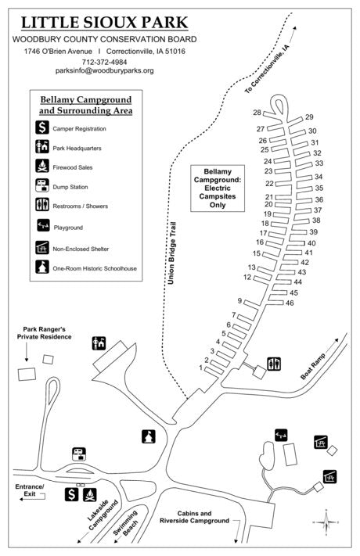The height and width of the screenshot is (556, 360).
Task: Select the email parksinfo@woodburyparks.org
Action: [x=104, y=70]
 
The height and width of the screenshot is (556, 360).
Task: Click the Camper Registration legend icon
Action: [x=42, y=127]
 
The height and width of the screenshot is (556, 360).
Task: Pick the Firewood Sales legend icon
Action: [x=42, y=167]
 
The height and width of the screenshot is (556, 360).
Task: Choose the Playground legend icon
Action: [x=42, y=227]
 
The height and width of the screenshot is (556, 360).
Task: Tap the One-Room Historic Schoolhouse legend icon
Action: [x=42, y=267]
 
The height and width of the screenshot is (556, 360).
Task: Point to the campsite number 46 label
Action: [x=289, y=303]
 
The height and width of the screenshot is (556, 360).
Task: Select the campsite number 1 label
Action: [x=201, y=368]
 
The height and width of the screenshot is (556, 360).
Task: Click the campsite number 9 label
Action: [x=239, y=301]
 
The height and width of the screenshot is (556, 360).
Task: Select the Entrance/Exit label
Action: [x=30, y=491]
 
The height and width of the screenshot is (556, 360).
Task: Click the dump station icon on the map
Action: [x=78, y=452]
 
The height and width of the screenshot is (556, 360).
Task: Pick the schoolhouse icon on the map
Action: [x=146, y=435]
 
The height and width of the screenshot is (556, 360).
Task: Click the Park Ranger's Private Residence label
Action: [x=47, y=333]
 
